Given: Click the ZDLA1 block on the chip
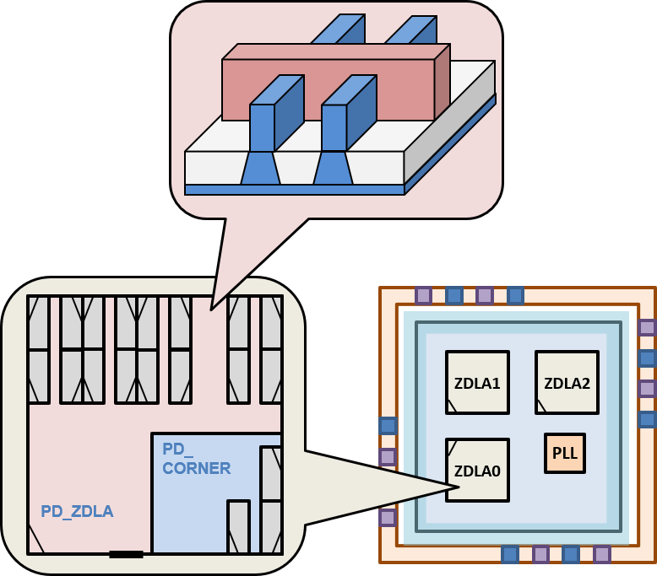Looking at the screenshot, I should [x=477, y=382].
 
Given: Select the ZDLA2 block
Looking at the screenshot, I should [x=567, y=382].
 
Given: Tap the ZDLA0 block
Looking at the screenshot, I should [x=477, y=470].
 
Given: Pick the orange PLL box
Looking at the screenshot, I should [x=564, y=453].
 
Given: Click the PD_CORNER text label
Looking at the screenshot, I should [x=196, y=460].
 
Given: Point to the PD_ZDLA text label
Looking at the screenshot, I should [x=77, y=511].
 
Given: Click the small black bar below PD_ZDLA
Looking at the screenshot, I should [x=126, y=554].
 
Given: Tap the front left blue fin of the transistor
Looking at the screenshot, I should [x=263, y=127].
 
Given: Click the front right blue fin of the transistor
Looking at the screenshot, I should [x=334, y=127].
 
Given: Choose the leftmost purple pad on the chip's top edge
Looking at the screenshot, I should [x=423, y=295].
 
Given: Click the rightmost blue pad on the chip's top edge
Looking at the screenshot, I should [x=515, y=295].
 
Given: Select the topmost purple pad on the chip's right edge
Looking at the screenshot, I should [x=647, y=327].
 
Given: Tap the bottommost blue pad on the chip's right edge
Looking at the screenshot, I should [x=647, y=419].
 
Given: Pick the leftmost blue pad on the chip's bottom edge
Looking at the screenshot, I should [x=509, y=554].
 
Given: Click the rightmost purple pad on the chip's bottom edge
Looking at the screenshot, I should [x=601, y=554].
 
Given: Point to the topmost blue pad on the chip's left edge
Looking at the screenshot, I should [x=388, y=426].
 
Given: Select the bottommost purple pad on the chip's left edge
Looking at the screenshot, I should [x=388, y=517].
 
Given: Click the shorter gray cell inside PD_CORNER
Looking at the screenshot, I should [x=238, y=527].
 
